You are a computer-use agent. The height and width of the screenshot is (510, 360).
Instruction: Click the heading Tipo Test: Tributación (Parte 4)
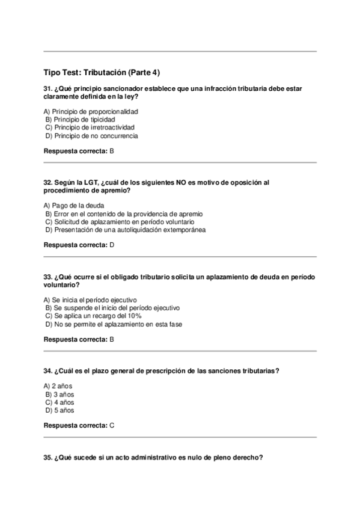[102, 72]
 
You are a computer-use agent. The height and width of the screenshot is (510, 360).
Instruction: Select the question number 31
[48, 88]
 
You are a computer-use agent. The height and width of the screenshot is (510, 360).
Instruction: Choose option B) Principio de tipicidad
[80, 120]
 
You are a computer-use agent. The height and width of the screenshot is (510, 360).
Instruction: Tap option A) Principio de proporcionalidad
[91, 111]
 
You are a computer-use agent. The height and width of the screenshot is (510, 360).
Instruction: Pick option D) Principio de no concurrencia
[91, 136]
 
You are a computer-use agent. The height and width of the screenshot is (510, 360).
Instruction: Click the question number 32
[48, 182]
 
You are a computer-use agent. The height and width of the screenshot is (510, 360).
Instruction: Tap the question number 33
[48, 277]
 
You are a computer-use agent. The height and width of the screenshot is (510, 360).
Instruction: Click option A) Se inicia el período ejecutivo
[90, 300]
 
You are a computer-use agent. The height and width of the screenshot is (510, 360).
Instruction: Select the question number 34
[48, 371]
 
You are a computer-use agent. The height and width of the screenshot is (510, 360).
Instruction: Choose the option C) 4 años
[59, 402]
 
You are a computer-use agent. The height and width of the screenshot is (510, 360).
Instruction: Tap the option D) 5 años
[59, 410]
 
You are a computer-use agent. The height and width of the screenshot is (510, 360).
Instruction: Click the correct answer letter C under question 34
[112, 425]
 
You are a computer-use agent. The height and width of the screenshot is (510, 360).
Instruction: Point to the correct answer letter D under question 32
[112, 245]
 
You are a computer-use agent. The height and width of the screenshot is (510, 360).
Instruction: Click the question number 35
[48, 458]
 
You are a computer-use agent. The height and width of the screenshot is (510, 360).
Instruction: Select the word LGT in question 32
[90, 182]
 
